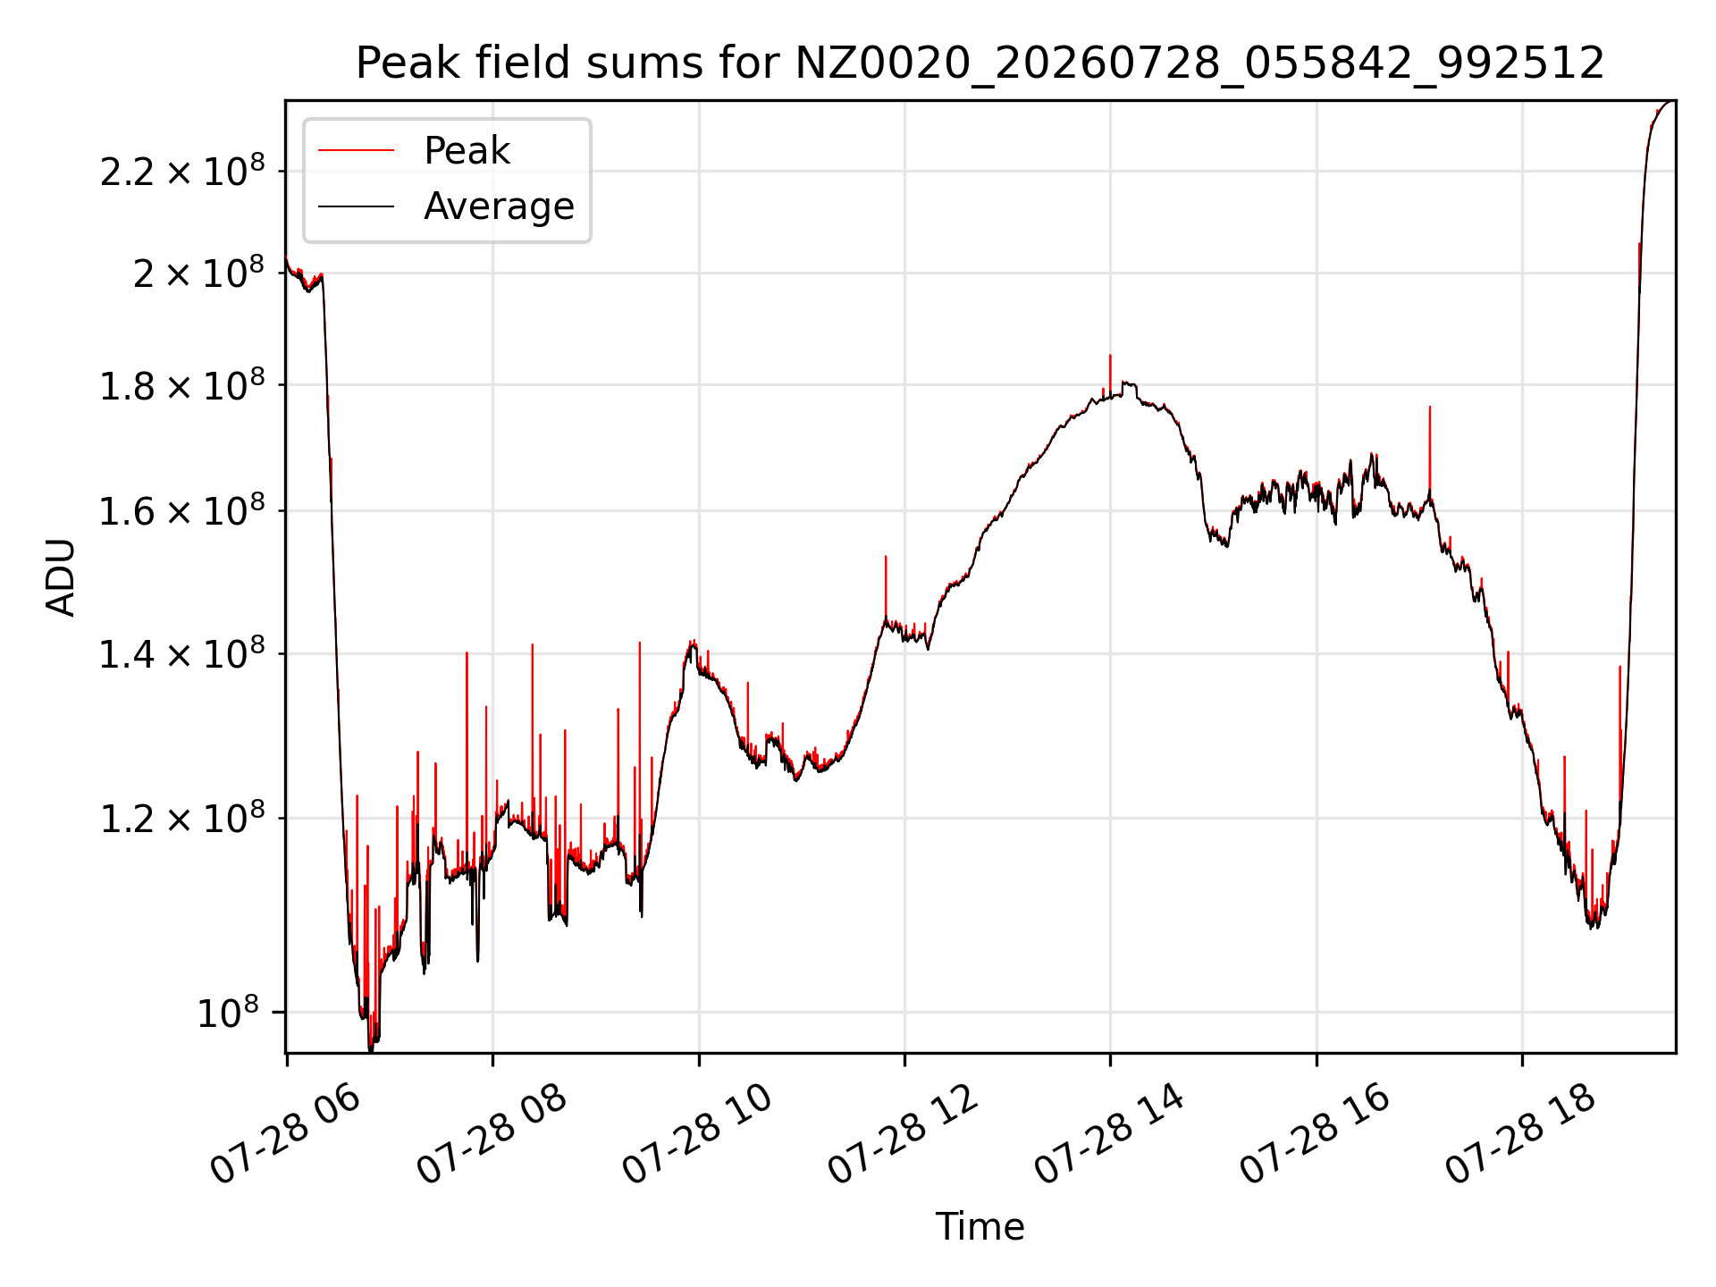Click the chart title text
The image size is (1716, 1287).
tap(980, 63)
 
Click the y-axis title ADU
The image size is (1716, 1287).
tap(61, 577)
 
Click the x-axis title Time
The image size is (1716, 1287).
tap(980, 1226)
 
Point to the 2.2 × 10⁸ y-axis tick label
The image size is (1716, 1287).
tap(182, 171)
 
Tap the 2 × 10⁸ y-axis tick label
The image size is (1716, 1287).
tap(199, 273)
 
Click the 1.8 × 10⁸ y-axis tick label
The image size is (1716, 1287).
tap(182, 385)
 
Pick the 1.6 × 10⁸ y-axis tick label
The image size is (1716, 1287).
tap(182, 511)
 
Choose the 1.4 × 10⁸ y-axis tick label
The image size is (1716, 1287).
tap(182, 654)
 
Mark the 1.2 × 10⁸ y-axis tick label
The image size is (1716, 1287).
tap(182, 819)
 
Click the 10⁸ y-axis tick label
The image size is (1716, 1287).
tap(228, 1013)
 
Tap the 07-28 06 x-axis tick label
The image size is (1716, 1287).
tap(286, 1135)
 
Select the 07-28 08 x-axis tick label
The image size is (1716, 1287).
tap(492, 1135)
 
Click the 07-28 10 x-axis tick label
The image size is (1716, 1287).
tap(698, 1135)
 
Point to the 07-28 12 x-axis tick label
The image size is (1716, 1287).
tap(904, 1135)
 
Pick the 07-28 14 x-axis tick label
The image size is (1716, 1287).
tap(1110, 1135)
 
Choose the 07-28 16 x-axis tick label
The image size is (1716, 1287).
tap(1316, 1135)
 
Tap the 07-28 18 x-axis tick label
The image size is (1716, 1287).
tap(1522, 1135)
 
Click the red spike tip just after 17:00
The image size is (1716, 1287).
tap(1430, 407)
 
